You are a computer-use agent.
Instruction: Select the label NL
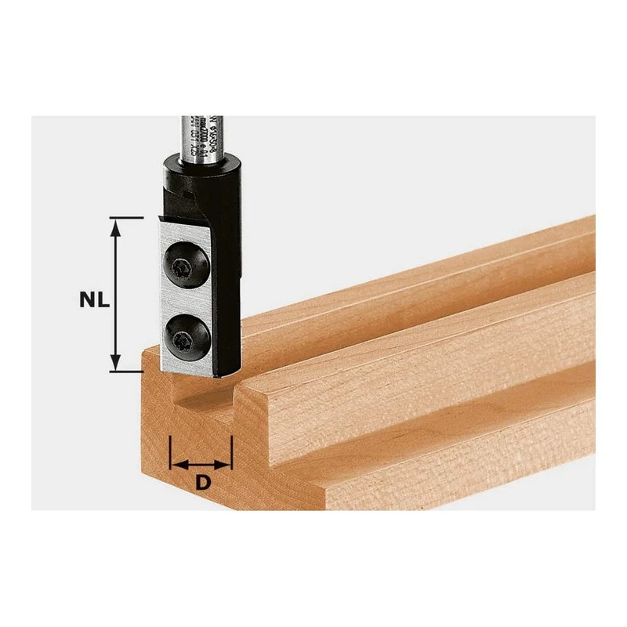(x=93, y=299)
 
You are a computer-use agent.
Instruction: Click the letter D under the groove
(x=202, y=483)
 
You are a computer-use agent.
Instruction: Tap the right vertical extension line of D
(x=233, y=447)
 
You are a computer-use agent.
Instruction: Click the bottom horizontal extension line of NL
(x=129, y=372)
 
